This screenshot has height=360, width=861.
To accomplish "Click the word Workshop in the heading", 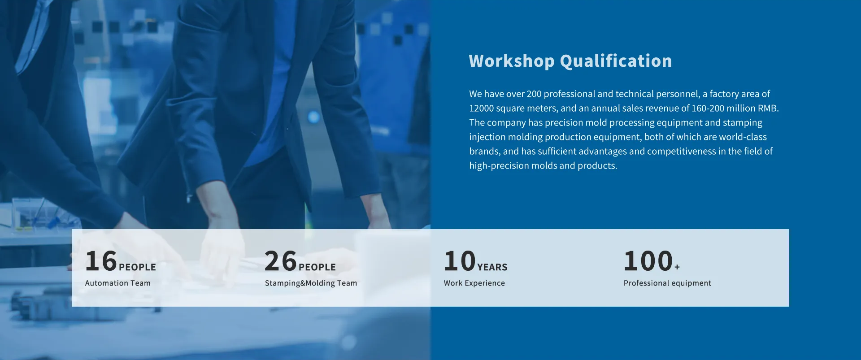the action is click(512, 61).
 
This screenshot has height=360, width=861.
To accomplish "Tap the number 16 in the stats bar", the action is click(101, 261).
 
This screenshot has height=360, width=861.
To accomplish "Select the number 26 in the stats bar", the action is click(281, 261).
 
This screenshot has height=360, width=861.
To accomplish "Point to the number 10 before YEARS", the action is click(460, 261).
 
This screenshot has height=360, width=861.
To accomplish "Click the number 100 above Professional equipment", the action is click(648, 261).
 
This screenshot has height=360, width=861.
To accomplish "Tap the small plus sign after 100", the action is click(677, 267).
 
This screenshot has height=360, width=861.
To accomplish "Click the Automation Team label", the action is click(118, 283).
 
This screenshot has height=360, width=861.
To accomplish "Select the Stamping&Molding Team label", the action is click(311, 283).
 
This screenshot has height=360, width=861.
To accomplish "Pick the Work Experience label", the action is click(474, 283).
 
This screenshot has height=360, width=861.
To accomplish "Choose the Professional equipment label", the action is click(667, 283).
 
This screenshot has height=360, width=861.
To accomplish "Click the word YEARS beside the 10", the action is click(492, 267).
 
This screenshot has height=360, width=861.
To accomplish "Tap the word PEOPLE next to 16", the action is click(137, 267).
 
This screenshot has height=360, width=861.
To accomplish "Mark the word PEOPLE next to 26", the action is click(317, 267).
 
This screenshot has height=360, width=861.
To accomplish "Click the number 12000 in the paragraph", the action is click(481, 108).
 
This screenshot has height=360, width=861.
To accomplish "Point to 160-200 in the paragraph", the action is click(708, 108).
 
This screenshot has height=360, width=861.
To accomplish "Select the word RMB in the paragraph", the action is click(767, 108).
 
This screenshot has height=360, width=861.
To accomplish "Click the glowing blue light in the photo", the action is click(314, 117).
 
